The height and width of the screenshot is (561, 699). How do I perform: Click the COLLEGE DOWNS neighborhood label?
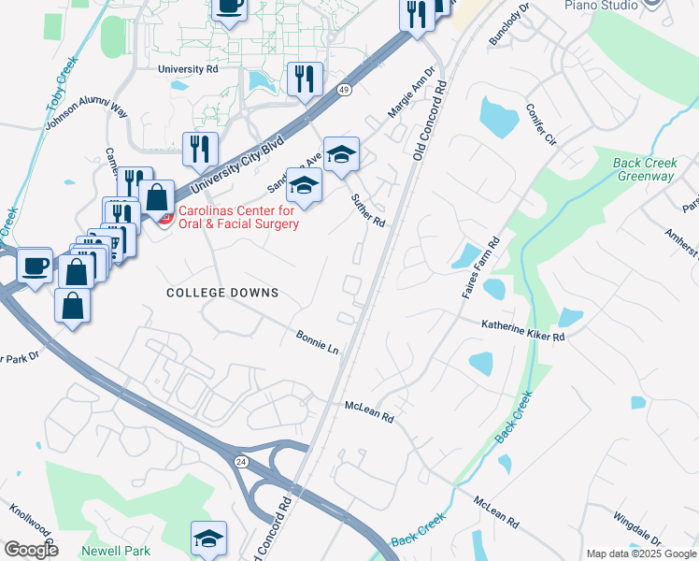tap(222, 293)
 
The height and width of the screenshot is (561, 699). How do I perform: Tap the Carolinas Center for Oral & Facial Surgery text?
tap(238, 218)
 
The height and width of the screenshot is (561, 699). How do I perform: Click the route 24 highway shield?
tap(240, 461)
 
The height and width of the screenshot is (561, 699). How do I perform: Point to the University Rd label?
tap(188, 69)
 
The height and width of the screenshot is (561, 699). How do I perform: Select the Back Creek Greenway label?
tap(644, 169)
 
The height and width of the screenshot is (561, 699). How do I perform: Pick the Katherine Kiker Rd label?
tap(523, 329)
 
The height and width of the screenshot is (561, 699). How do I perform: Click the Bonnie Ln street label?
tap(318, 341)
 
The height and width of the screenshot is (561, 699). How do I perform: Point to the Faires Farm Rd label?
tap(481, 268)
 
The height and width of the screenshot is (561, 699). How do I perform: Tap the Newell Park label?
tap(115, 551)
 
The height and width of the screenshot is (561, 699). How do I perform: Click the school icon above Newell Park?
tap(208, 538)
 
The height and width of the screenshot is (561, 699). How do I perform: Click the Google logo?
tap(31, 550)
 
